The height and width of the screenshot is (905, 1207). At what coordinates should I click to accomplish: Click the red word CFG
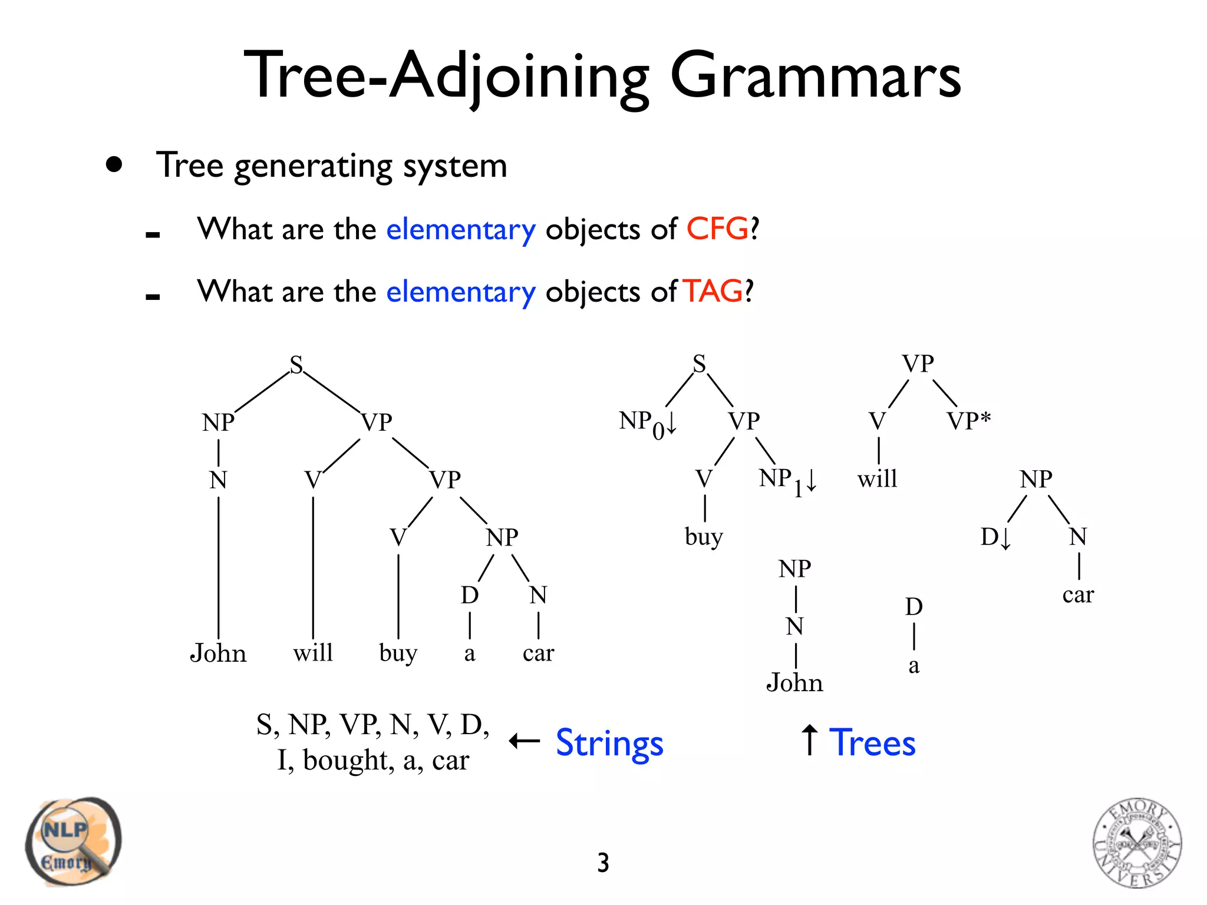717,229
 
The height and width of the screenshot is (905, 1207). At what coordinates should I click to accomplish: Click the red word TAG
713,291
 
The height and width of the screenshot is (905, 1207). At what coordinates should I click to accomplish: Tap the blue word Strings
609,743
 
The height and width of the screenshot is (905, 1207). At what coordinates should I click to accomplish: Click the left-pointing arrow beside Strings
524,741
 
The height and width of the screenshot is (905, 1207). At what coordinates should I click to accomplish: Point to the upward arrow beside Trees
810,741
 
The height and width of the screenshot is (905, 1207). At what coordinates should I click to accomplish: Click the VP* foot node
968,421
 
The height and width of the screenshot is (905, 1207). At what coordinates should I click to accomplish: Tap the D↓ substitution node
995,537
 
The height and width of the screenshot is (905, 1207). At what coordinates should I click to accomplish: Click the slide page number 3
603,863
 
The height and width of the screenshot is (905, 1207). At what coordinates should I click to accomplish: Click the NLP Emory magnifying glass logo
73,842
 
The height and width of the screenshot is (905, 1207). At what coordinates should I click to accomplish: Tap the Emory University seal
1137,843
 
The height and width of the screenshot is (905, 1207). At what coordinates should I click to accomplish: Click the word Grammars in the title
815,77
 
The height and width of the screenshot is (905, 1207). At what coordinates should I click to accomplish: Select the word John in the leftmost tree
217,653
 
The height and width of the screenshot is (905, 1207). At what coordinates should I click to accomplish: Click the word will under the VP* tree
878,478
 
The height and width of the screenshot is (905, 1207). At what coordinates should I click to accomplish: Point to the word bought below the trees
348,761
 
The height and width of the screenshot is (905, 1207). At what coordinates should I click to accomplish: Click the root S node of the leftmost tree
296,365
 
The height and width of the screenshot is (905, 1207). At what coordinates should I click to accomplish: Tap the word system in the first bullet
455,166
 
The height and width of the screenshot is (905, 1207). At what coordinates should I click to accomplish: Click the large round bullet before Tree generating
114,164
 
